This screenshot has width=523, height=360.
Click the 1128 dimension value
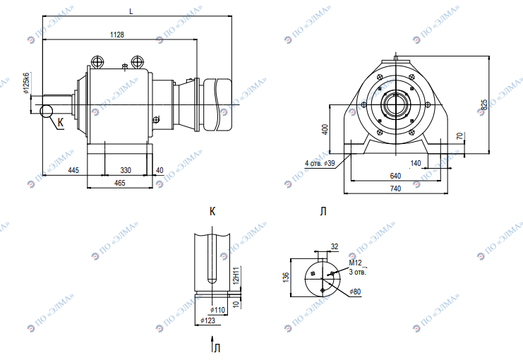point(116,35)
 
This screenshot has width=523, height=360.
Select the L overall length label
point(131,12)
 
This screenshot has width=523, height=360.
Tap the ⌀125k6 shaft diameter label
point(26,83)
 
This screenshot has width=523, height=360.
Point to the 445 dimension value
point(73,171)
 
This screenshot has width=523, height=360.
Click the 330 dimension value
point(126,171)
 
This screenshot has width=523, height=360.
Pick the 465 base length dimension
point(119,183)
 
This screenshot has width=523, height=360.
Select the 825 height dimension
point(484,104)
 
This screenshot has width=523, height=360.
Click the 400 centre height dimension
point(325,129)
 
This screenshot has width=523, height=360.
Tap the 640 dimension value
point(395,176)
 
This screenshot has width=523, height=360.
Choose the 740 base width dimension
point(395,189)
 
